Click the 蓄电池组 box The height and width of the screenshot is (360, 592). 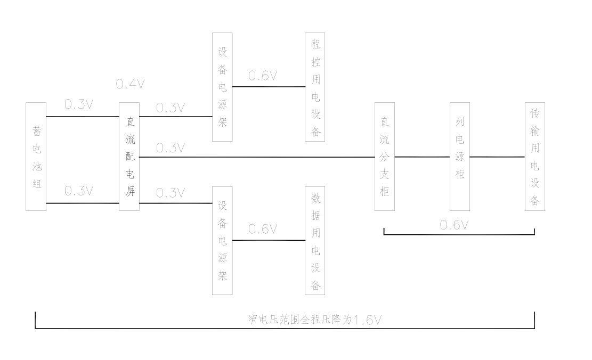coord(36,157)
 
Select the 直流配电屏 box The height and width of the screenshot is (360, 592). coord(129,157)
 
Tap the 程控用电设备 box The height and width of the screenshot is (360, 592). coord(315,87)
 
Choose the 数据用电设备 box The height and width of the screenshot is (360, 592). coord(315,241)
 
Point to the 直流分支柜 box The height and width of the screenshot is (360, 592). coord(385,157)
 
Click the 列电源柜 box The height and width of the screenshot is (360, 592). coord(460,157)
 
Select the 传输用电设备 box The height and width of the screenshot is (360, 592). coord(535,157)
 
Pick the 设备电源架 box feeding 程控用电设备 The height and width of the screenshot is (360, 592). coord(223,87)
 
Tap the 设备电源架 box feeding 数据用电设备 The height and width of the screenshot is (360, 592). coord(223,241)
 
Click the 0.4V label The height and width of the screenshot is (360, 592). coord(130,85)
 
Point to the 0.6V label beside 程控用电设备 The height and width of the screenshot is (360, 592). coord(263,76)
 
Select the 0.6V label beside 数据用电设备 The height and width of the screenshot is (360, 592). coord(263,229)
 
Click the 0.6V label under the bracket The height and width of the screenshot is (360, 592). coord(454,225)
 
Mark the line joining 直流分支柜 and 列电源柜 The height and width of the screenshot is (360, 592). coord(422,157)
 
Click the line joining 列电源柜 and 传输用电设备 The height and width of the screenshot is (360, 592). coord(497,157)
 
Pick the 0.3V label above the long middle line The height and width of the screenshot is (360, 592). coord(170,148)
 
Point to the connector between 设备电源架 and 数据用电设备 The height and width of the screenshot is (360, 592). coord(269,240)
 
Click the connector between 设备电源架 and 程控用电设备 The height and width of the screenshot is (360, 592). coord(269,86)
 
